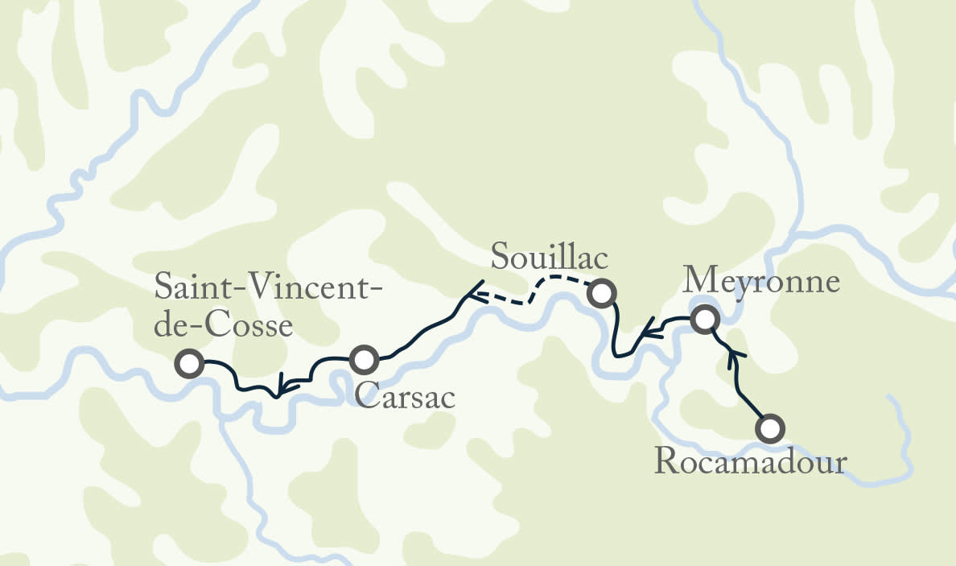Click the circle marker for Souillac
coord(600,293)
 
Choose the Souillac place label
coord(550,258)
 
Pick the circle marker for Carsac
coord(363,359)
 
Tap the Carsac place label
coord(405,397)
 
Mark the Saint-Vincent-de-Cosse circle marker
coord(190,364)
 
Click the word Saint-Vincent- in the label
coord(268,287)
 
